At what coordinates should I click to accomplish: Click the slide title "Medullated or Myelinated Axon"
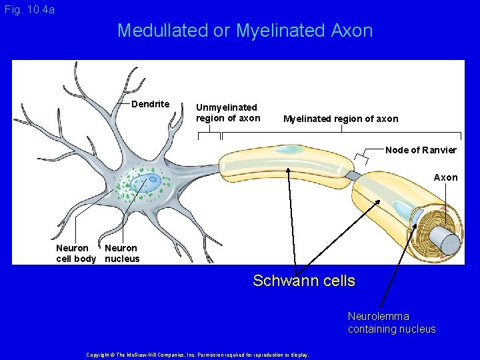[245, 31]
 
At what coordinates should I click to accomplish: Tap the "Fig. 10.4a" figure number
[29, 9]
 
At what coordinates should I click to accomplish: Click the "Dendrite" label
[150, 104]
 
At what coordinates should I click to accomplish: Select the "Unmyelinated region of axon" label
[227, 113]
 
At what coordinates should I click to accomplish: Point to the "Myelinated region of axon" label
[341, 119]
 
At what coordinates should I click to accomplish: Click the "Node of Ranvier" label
[421, 150]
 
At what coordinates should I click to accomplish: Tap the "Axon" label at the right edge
[445, 177]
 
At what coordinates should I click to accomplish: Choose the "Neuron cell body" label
[75, 253]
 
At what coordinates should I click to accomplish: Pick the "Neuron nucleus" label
[122, 253]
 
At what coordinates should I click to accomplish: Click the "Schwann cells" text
[304, 281]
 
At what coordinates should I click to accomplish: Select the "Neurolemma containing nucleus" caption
[391, 323]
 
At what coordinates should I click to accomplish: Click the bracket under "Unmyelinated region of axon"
[209, 133]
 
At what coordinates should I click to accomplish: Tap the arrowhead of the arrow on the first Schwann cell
[288, 169]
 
